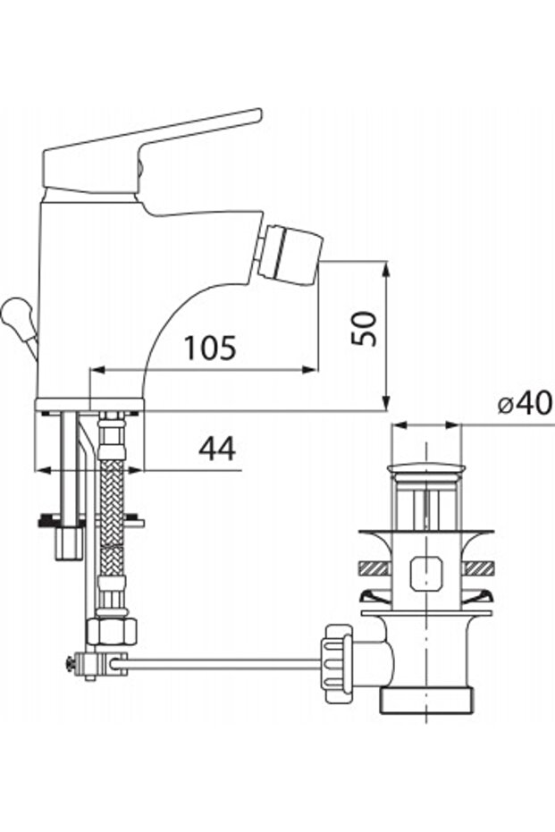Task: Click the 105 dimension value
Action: pyautogui.click(x=210, y=348)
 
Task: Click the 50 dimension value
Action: pyautogui.click(x=365, y=329)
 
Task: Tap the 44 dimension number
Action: pyautogui.click(x=217, y=449)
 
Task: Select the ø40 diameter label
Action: pyautogui.click(x=525, y=404)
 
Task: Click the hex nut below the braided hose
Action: pyautogui.click(x=112, y=630)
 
